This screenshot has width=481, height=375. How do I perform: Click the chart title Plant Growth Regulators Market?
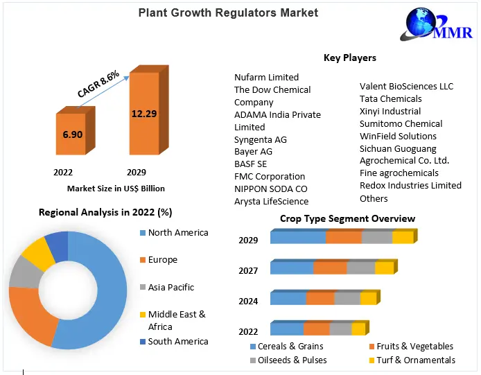point(228,12)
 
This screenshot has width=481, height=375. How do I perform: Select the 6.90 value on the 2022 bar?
point(73,133)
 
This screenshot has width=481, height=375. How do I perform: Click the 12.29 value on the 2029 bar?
point(145,112)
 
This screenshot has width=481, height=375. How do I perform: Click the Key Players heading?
point(350,58)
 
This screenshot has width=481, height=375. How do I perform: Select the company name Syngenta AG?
point(260,139)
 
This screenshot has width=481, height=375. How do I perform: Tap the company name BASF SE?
point(250,164)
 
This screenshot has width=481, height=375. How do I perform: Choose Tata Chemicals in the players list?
point(390,98)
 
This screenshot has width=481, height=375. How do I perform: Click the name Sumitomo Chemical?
point(401,123)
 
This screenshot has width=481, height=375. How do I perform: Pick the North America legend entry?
point(177,232)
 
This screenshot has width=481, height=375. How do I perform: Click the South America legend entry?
point(177,341)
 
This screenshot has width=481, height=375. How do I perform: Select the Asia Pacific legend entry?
point(170,287)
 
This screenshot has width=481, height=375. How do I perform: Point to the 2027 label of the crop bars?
point(248,270)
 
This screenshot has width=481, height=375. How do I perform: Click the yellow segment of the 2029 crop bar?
point(402,238)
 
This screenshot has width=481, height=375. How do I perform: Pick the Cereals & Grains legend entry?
point(290,346)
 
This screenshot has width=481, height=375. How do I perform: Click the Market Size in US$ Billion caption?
point(116,188)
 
